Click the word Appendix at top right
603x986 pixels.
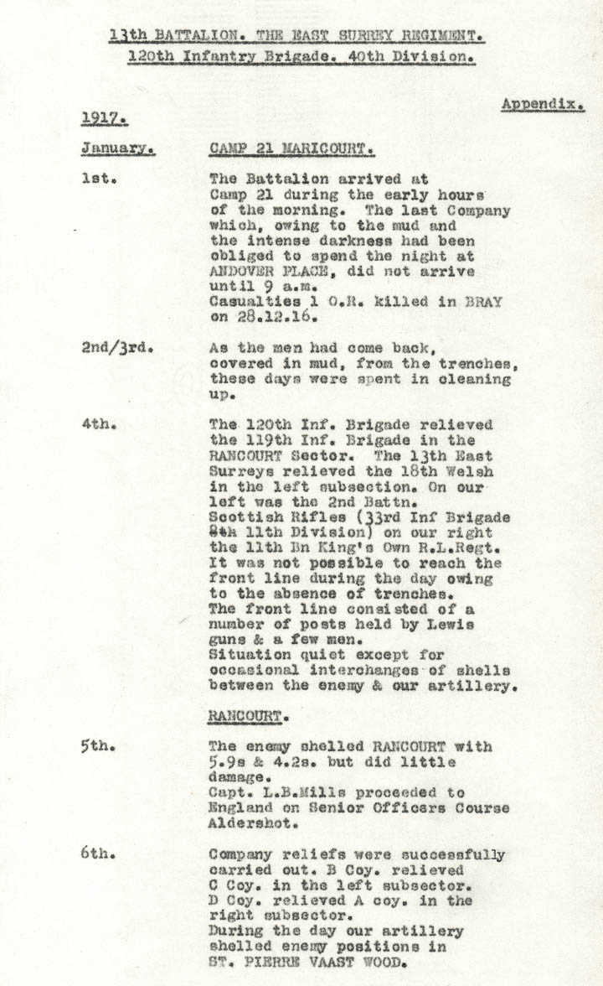tap(543, 105)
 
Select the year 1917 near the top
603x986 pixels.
tap(104, 119)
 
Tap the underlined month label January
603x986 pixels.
tap(117, 150)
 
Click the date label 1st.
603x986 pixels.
tap(98, 179)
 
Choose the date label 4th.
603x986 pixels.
tap(99, 424)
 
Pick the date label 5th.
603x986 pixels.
tap(99, 746)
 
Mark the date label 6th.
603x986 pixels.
tap(99, 854)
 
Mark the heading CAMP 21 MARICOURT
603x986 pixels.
tap(291, 150)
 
